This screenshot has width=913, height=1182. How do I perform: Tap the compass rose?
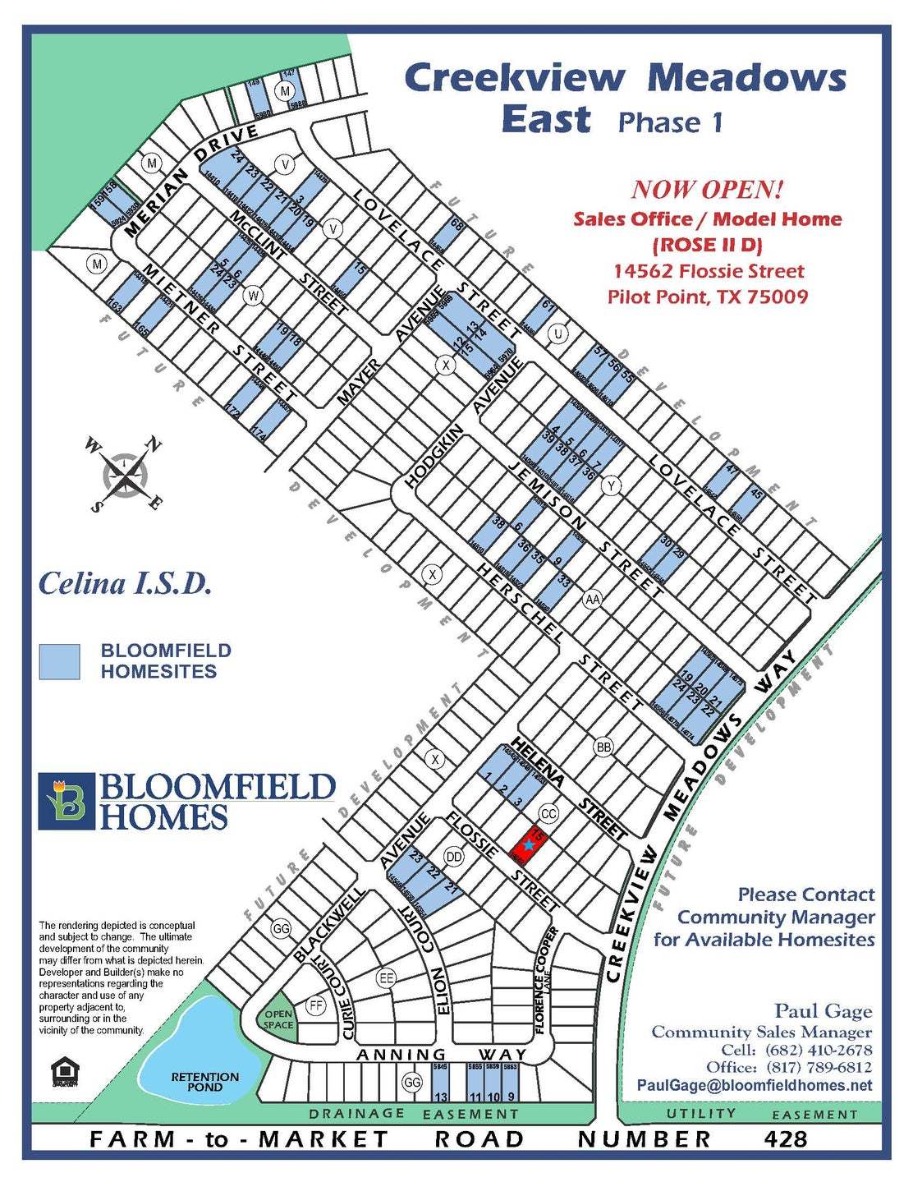pos(124,474)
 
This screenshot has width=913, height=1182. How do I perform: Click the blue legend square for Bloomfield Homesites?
pos(60,661)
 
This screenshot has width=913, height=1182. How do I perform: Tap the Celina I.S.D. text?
pos(126,584)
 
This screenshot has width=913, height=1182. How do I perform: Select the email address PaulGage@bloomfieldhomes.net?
pos(755,1085)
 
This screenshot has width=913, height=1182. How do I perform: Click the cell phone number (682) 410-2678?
pos(818,1050)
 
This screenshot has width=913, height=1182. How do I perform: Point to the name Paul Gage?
pos(823,1011)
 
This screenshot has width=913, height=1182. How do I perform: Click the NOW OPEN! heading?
pos(707,190)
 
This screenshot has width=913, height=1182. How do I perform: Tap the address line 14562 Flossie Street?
pos(708,271)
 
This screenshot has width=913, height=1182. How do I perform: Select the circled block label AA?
pos(592,600)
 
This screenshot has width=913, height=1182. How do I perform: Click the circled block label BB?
pos(604,747)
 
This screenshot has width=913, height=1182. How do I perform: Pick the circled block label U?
pos(558,334)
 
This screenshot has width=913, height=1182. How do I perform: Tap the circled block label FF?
pos(315,1005)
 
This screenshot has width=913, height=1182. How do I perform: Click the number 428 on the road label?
pos(786,1139)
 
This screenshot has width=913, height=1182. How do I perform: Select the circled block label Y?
pos(610,487)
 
